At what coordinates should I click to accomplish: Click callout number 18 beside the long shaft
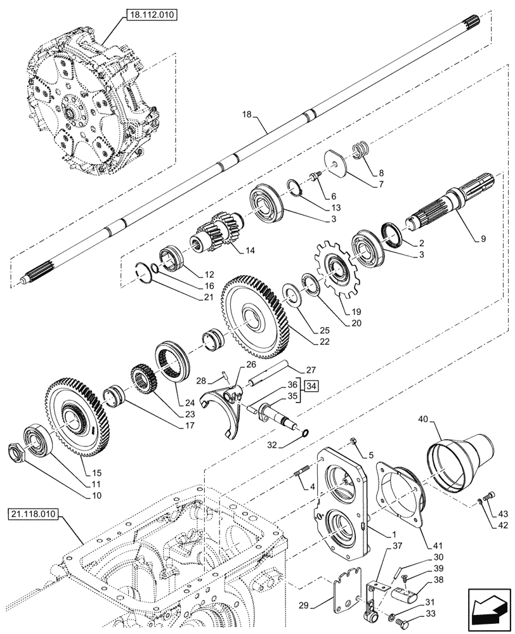pyautogui.click(x=248, y=115)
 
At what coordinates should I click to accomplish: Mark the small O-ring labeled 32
pyautogui.click(x=305, y=434)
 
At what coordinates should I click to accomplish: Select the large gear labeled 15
pyautogui.click(x=77, y=422)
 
